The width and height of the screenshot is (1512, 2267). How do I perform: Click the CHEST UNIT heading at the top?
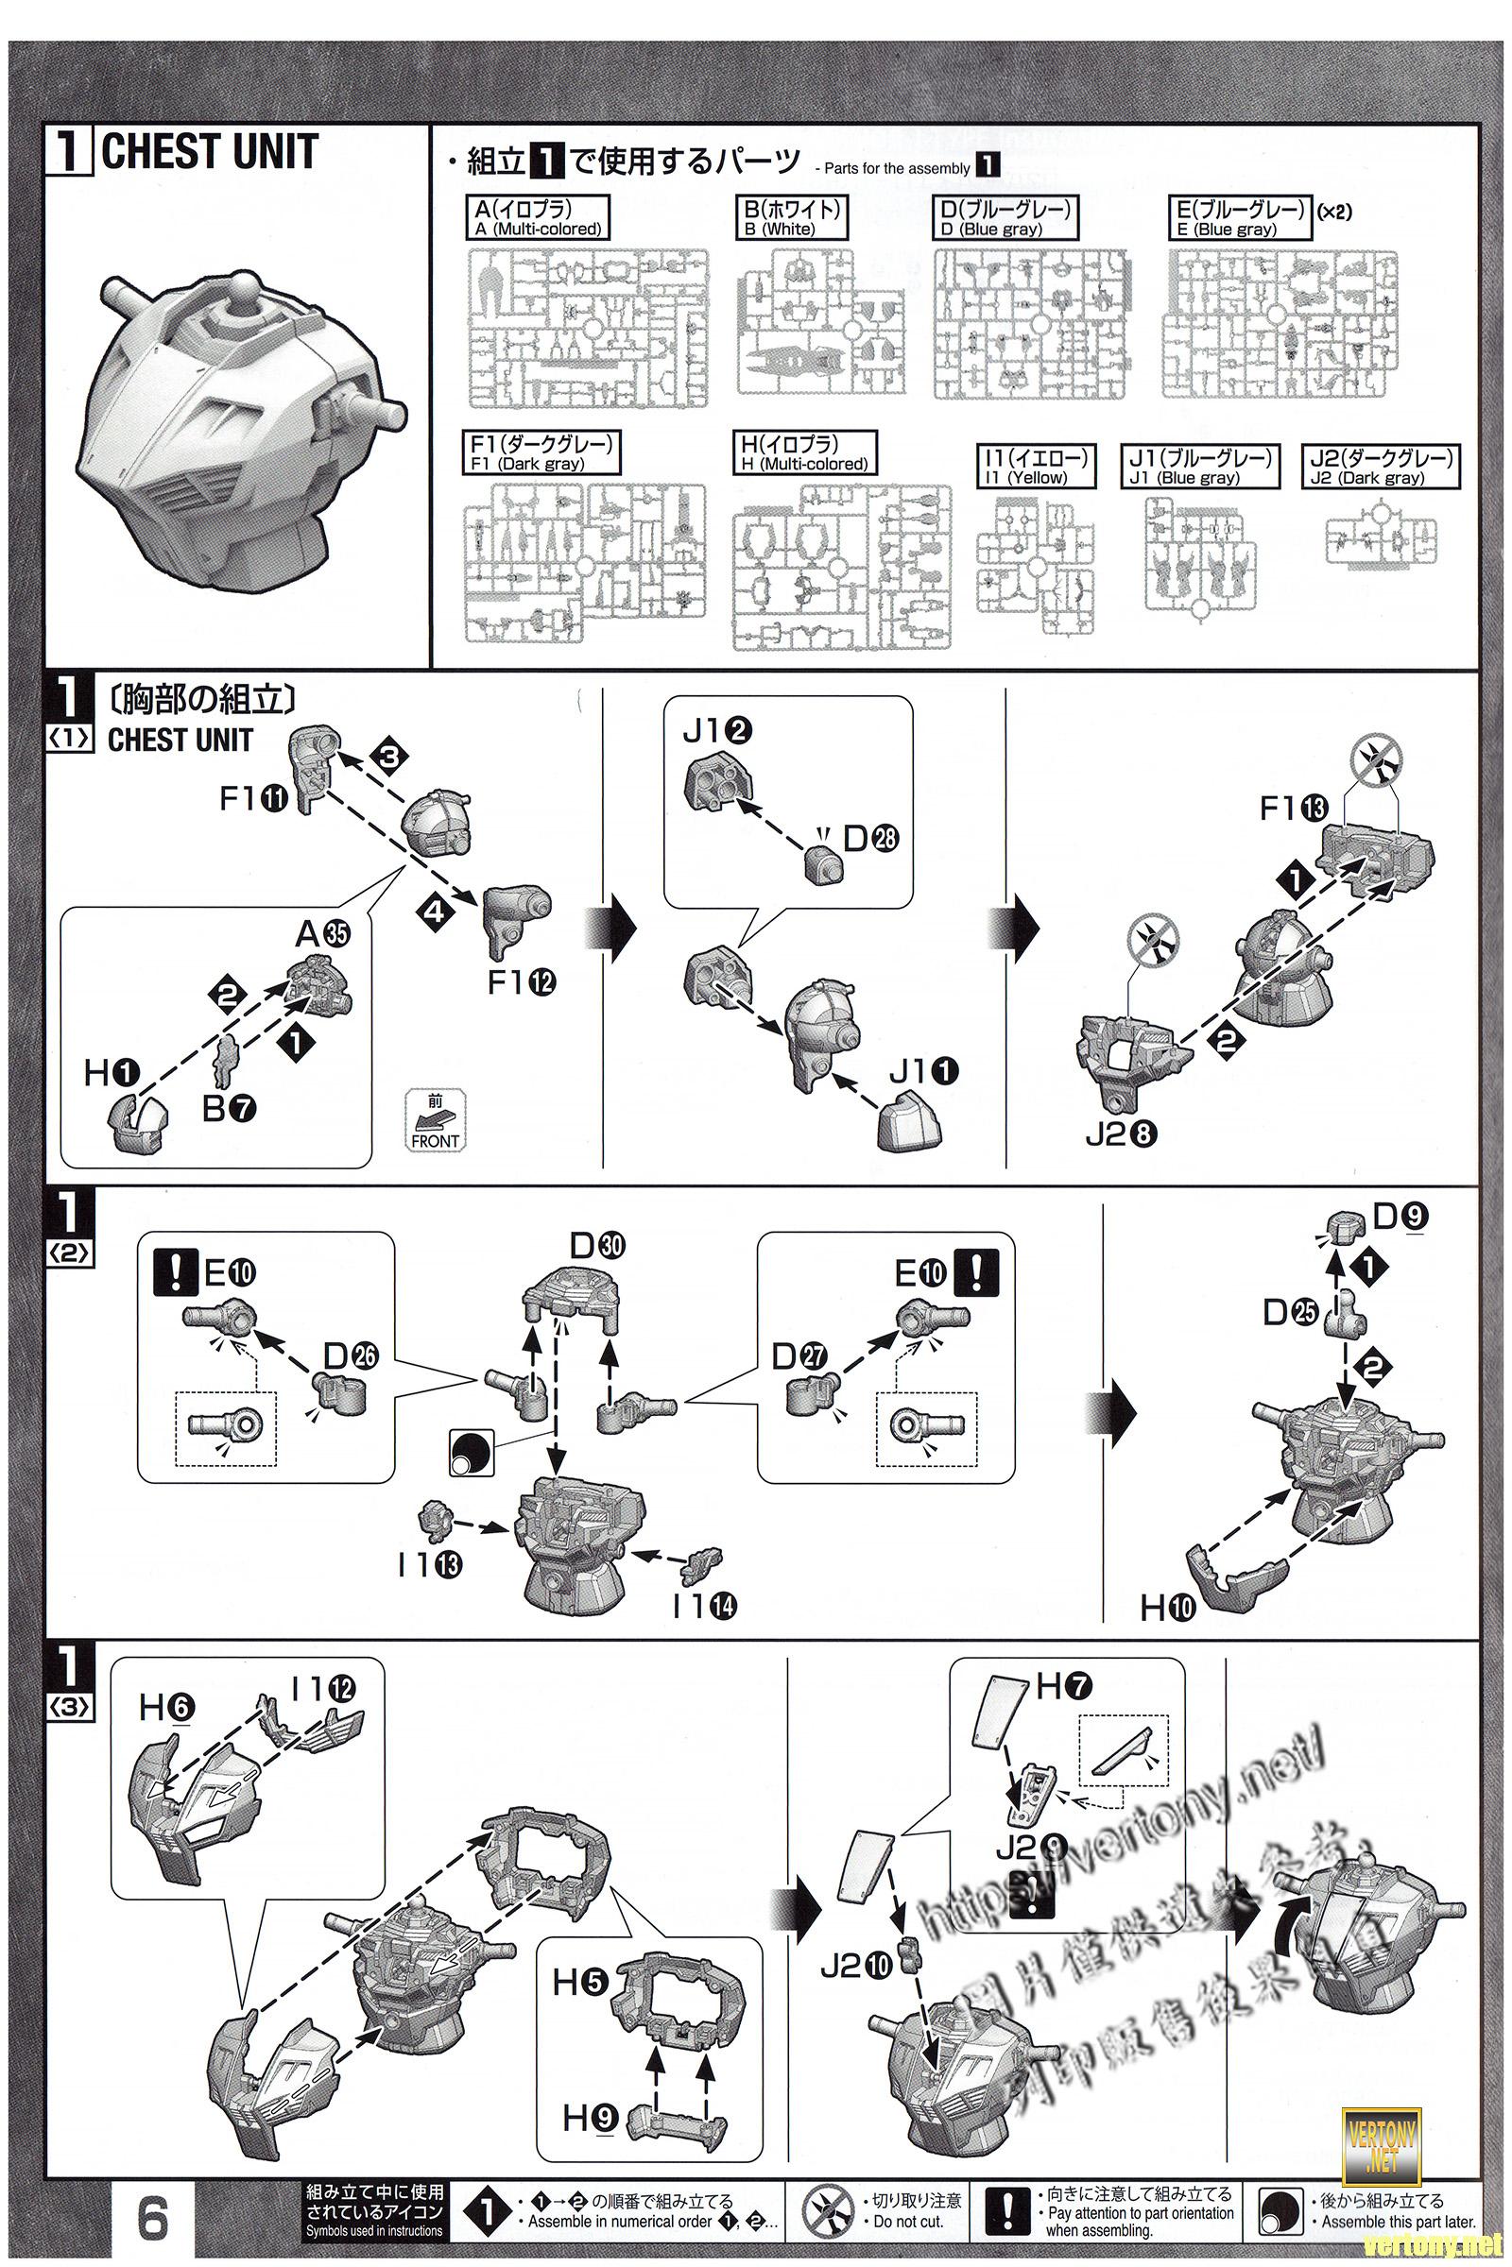click(x=208, y=152)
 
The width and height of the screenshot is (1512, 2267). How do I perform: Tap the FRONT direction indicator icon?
click(x=435, y=1121)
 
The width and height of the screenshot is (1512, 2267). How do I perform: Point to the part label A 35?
click(x=322, y=933)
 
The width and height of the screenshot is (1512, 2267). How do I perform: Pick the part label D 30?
click(x=597, y=1246)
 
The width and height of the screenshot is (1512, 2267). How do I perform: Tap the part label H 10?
click(x=1168, y=1607)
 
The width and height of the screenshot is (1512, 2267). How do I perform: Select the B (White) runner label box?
click(x=791, y=218)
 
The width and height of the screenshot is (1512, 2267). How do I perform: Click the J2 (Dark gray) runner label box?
click(x=1380, y=467)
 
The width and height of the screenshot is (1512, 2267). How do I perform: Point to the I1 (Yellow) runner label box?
click(x=1037, y=467)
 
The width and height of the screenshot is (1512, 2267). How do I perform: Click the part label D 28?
click(x=870, y=839)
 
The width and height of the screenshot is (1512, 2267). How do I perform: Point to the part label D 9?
click(x=1400, y=1217)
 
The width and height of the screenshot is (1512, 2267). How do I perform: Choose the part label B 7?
click(x=230, y=1109)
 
